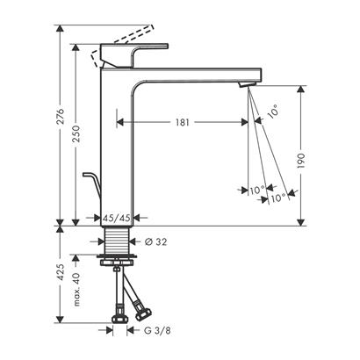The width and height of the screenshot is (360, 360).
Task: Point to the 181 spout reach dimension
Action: pos(179,122)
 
